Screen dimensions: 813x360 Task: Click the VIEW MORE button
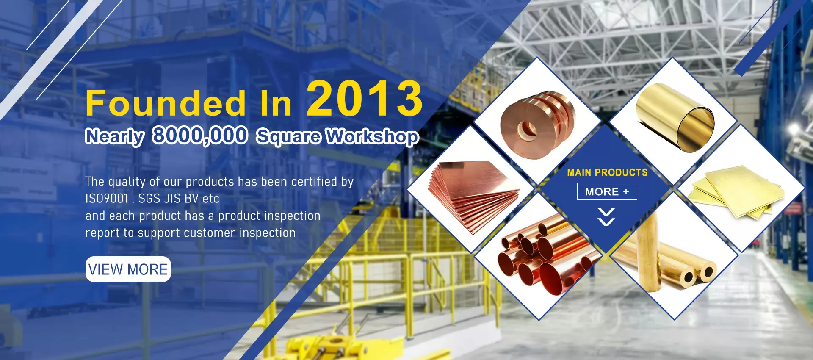(128, 269)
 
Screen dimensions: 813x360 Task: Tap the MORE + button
(607, 191)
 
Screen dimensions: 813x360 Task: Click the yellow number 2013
(364, 98)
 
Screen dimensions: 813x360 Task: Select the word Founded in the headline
(166, 103)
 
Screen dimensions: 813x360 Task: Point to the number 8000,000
(200, 136)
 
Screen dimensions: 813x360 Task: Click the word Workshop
(373, 137)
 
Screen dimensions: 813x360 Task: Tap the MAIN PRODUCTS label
(607, 172)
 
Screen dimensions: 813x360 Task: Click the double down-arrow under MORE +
(606, 217)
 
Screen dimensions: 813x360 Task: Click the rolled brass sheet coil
(675, 116)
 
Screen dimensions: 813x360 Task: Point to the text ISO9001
(107, 198)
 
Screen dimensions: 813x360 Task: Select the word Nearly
(115, 136)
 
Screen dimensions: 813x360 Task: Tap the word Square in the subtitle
(288, 137)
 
